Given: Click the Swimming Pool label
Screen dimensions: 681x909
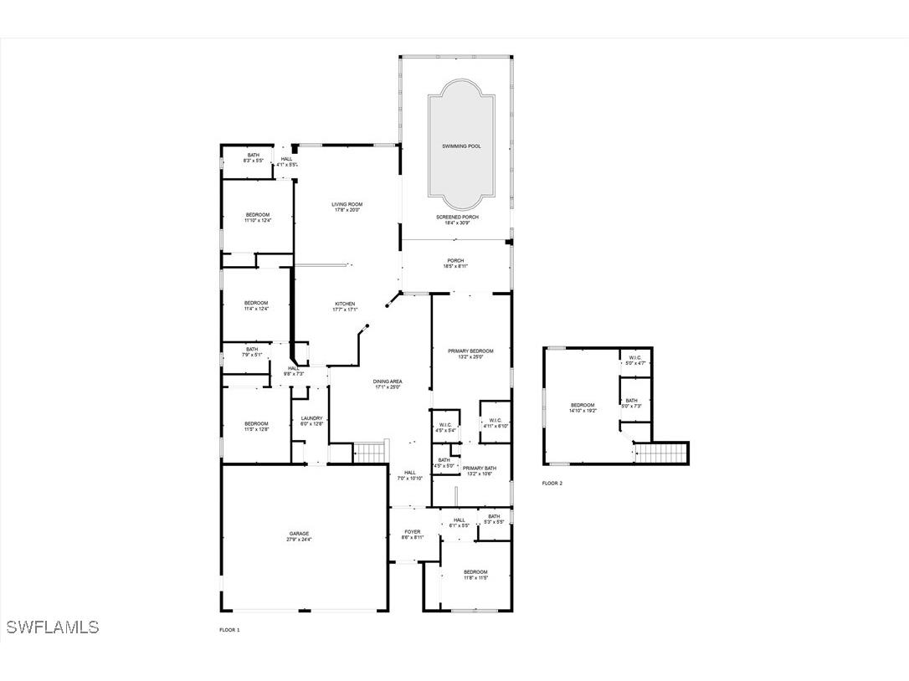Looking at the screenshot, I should tap(461, 146).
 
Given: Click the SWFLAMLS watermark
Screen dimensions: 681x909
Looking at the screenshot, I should tap(52, 627).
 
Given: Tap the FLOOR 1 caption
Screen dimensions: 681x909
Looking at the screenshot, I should tap(229, 630).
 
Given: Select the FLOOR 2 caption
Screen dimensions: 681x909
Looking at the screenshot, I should tap(552, 484).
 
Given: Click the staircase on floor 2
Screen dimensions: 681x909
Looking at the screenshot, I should tap(660, 454).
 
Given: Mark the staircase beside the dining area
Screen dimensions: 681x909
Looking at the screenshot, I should tap(368, 453).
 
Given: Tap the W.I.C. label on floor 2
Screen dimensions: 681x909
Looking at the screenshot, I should tap(634, 360).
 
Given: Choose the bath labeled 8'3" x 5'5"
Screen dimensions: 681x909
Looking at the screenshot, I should tap(253, 157).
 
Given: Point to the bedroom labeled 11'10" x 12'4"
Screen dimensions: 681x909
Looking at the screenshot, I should tap(258, 217).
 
